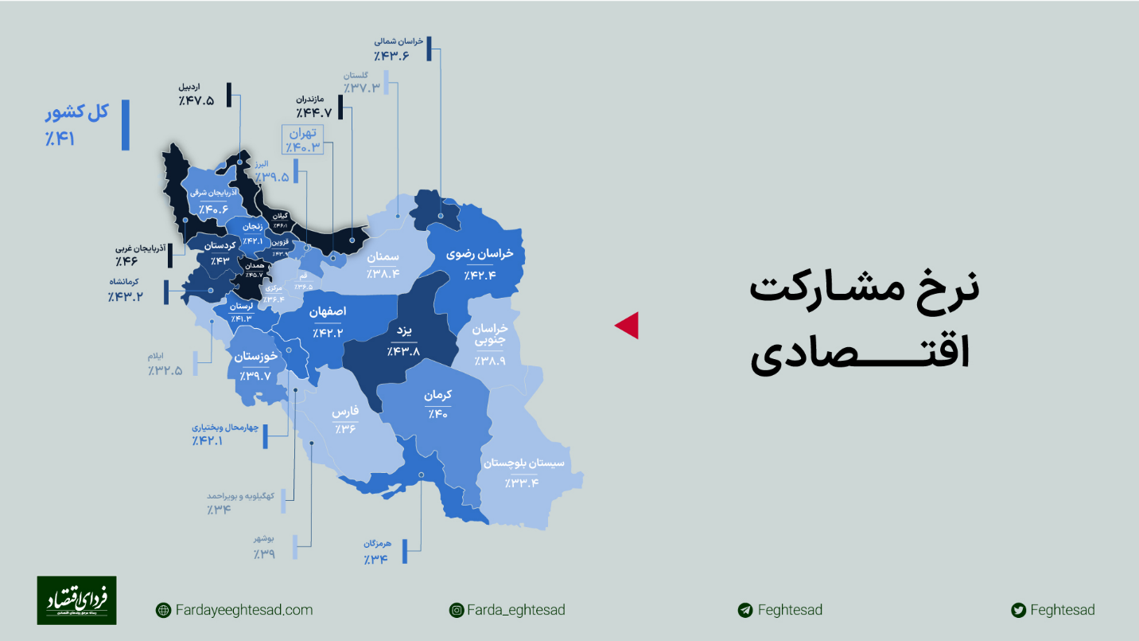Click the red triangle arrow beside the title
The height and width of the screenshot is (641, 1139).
point(628,325)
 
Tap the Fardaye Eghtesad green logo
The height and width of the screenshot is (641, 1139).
point(76,600)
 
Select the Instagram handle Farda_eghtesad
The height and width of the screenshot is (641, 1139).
point(515,610)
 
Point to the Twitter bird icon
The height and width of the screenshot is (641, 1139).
point(1017,611)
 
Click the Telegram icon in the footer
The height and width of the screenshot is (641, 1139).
point(745,611)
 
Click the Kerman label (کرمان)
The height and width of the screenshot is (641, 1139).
point(437,395)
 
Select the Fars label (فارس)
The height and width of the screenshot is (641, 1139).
point(345,412)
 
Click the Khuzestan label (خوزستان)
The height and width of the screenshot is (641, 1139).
point(255,358)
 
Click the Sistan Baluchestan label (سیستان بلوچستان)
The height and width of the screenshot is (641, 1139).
point(523,463)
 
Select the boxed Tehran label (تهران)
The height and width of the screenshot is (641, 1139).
point(303,133)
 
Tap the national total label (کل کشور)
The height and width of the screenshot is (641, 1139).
point(76,112)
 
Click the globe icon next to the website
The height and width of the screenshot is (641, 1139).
point(163,611)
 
